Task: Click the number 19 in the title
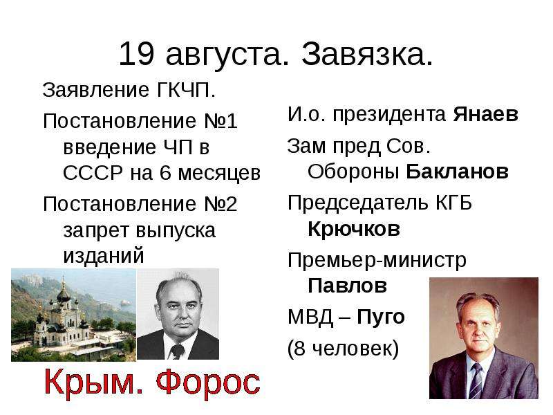136,54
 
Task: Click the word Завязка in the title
367,54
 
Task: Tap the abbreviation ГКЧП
185,90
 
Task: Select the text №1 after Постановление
221,121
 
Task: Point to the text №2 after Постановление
221,204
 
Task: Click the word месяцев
219,174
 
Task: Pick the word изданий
104,255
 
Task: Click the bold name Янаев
485,114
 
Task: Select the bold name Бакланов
457,172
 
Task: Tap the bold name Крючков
354,229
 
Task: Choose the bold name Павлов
347,285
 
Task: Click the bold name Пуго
381,317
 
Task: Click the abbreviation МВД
310,317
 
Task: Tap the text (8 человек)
343,349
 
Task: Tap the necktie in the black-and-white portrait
177,351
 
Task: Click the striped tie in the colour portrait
476,381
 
